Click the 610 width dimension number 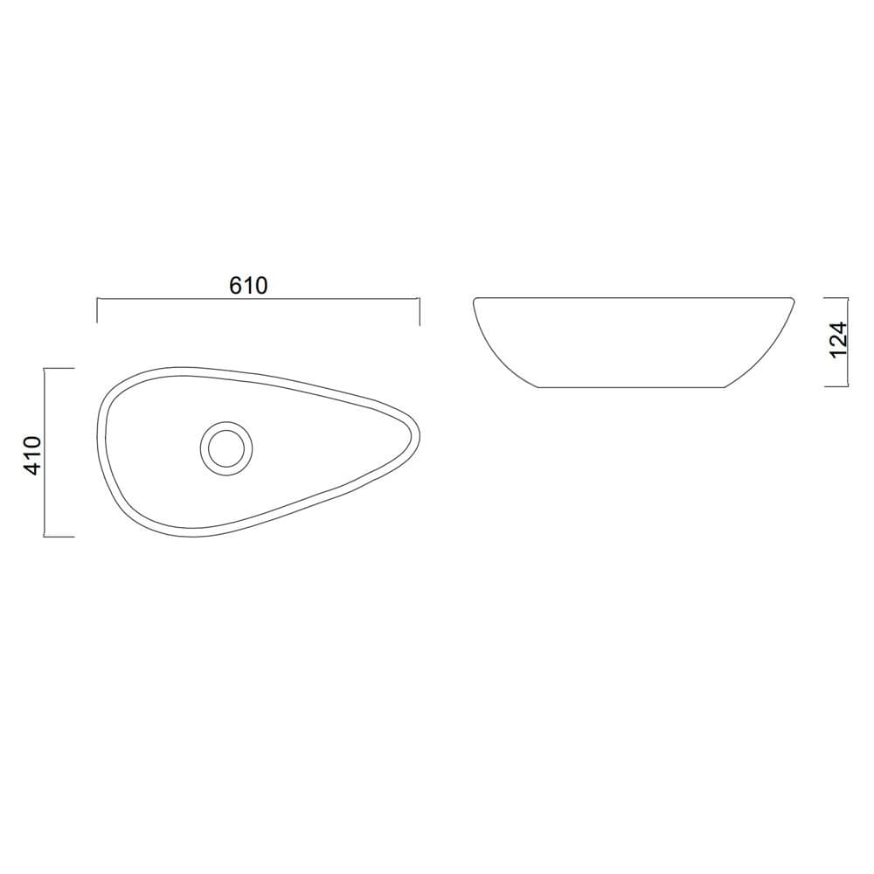coord(248,285)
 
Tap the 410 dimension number coord(33,455)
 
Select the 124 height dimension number coord(838,340)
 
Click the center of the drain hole coord(228,448)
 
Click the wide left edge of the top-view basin coord(101,437)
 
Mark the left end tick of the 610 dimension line coord(97,311)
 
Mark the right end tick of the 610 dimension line coord(420,311)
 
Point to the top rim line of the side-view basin coord(634,298)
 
